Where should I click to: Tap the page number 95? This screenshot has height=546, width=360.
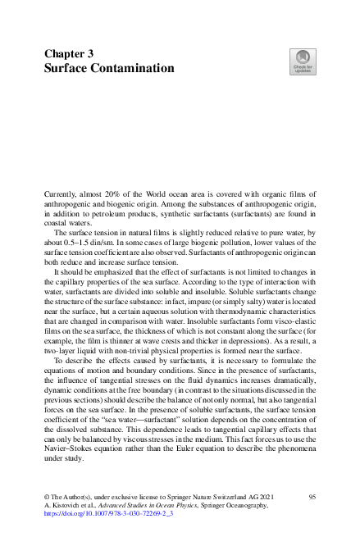coord(312,497)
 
